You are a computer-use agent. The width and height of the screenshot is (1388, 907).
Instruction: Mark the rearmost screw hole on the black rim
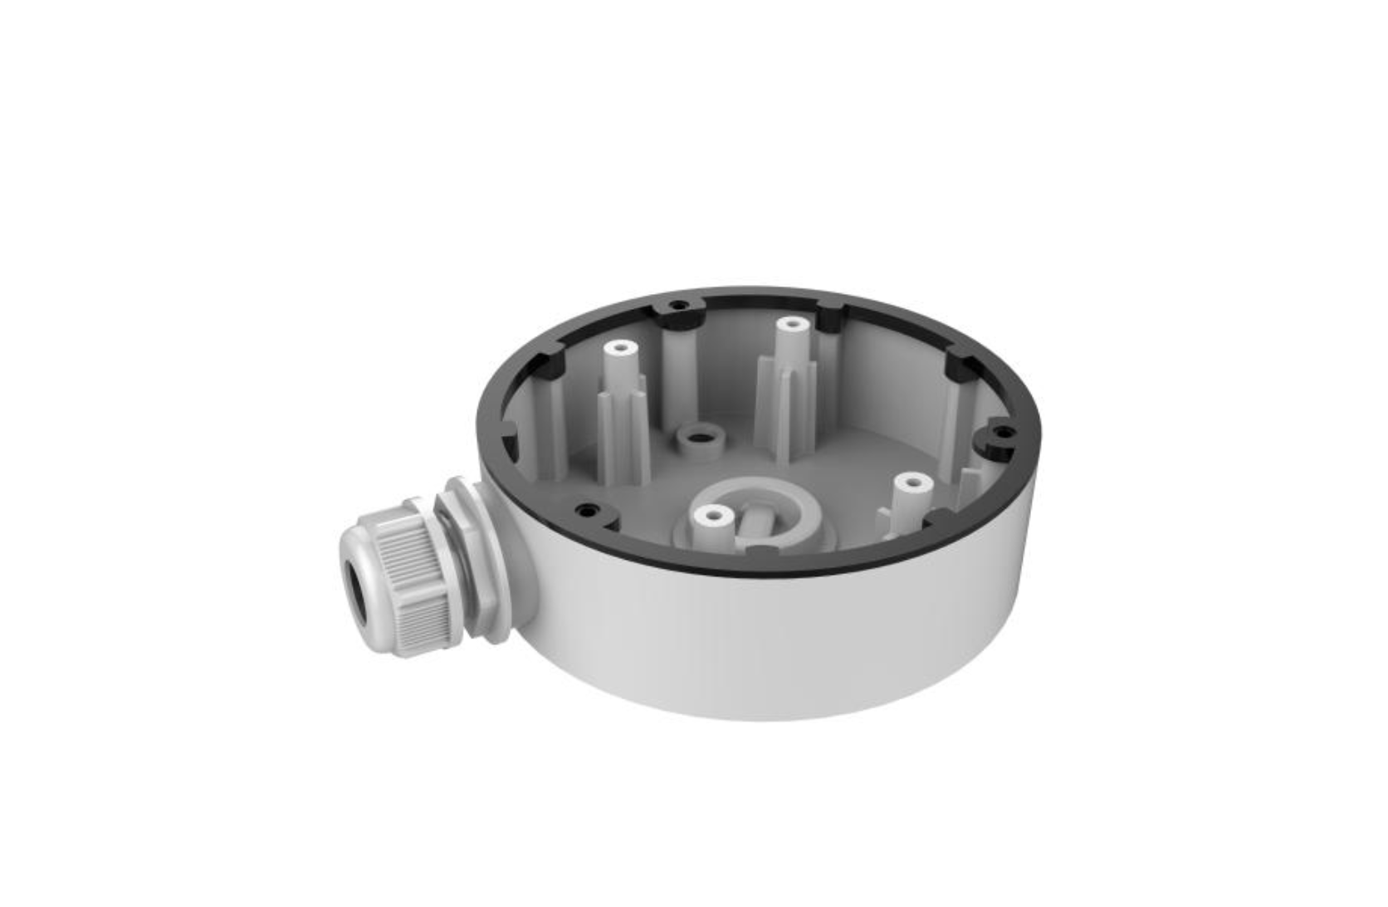[680, 306]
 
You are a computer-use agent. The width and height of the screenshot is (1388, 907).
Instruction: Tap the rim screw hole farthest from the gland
[1003, 433]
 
